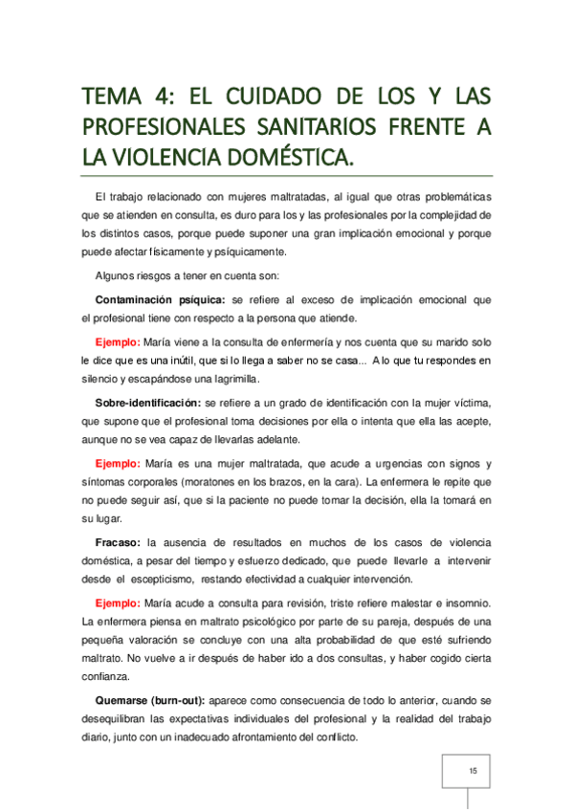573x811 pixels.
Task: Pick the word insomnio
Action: [466, 603]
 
